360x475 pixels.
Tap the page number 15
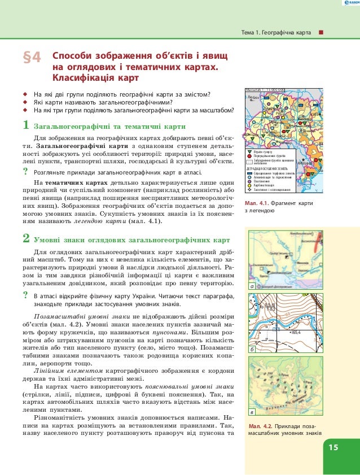tap(333, 448)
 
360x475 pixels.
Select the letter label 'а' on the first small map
tap(252, 287)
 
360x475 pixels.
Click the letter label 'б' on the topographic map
tap(252, 350)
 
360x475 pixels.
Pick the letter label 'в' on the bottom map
tap(252, 412)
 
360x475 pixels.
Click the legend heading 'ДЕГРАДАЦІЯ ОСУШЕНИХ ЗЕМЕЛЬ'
tap(267, 168)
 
